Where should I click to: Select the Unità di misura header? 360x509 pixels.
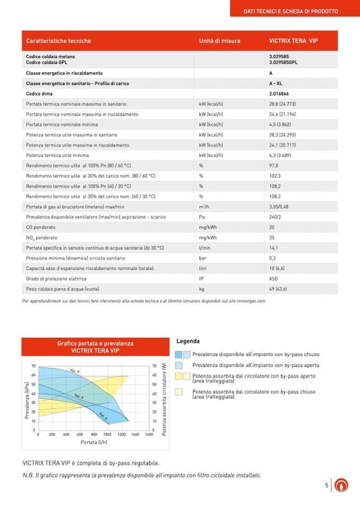(x=219, y=41)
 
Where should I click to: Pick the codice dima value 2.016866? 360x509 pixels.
(x=279, y=93)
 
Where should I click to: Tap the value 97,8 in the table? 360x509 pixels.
(x=274, y=165)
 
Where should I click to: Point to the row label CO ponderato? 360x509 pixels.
(x=40, y=227)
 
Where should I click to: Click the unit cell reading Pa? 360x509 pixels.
(x=202, y=217)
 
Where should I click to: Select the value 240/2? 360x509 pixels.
(x=275, y=217)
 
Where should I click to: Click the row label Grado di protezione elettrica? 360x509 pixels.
(x=56, y=279)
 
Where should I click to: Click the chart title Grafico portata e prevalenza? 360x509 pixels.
(x=95, y=343)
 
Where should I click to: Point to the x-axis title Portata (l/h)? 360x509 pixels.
(x=94, y=442)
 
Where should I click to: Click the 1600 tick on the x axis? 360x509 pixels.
(x=149, y=434)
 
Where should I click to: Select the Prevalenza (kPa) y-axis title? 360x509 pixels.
(x=27, y=400)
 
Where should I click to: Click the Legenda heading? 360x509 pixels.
(x=188, y=341)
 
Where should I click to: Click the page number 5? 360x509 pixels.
(x=327, y=485)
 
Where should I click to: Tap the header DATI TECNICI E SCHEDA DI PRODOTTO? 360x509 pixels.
(x=290, y=11)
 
